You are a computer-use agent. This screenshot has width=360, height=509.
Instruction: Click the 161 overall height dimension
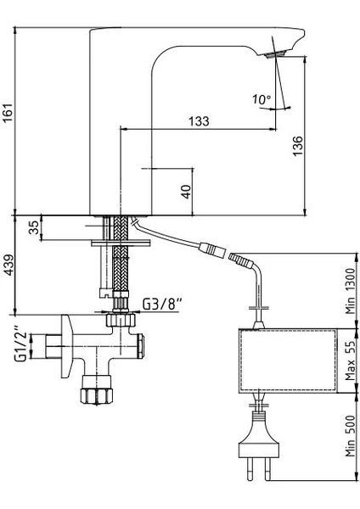pyautogui.click(x=8, y=113)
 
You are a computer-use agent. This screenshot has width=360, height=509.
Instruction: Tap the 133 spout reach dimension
pyautogui.click(x=199, y=121)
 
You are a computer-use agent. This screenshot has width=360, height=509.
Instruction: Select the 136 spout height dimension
pyautogui.click(x=297, y=146)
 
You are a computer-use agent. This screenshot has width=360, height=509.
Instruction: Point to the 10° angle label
pyautogui.click(x=262, y=99)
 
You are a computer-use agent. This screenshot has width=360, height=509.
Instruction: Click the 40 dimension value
pyautogui.click(x=186, y=192)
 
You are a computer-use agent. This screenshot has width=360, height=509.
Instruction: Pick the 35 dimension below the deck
pyautogui.click(x=34, y=227)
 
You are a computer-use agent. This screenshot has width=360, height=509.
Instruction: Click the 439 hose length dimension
pyautogui.click(x=8, y=265)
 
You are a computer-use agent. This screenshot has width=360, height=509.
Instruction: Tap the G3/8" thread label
pyautogui.click(x=162, y=305)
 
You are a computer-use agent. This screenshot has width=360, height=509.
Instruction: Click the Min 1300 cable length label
pyautogui.click(x=351, y=291)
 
